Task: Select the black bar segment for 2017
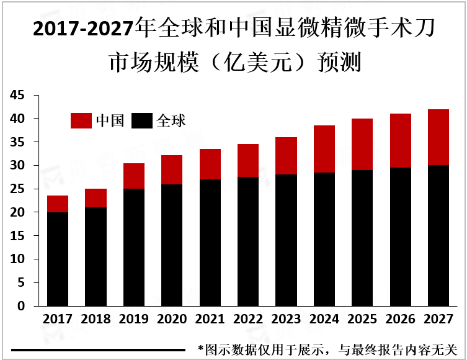tap(58, 259)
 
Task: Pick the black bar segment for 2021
tap(210, 243)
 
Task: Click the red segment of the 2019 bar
tap(134, 176)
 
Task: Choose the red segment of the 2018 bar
tap(96, 198)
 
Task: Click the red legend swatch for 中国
tap(81, 120)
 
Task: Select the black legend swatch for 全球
tap(143, 120)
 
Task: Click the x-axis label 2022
tap(248, 320)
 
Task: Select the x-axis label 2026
tap(401, 320)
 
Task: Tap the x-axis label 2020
tap(172, 320)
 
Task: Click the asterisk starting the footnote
tap(200, 349)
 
